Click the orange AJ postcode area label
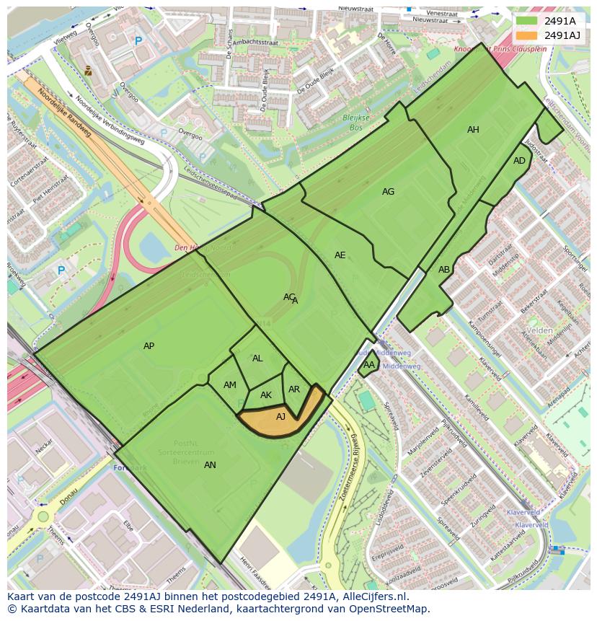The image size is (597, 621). [281, 416]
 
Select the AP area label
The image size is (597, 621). [149, 346]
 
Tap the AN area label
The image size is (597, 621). [210, 465]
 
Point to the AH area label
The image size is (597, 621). [473, 130]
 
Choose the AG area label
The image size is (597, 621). [388, 192]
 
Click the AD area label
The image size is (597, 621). [519, 161]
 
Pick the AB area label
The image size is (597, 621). [444, 270]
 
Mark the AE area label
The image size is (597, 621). [340, 255]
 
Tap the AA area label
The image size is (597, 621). [368, 365]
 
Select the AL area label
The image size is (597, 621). [257, 358]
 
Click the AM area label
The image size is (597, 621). [230, 385]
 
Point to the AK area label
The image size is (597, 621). [266, 395]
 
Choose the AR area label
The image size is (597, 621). [294, 389]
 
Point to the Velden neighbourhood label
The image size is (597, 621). [539, 330]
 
